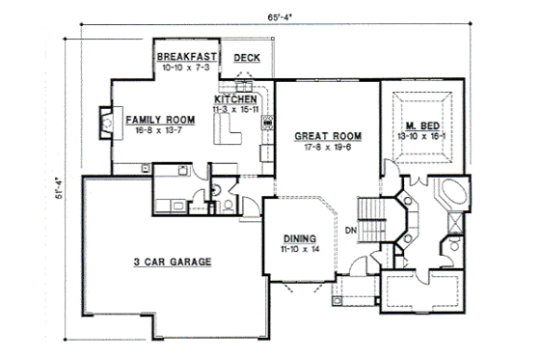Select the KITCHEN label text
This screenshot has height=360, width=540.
point(234,99)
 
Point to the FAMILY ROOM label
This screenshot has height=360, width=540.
point(160,120)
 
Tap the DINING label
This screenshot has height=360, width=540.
point(299,237)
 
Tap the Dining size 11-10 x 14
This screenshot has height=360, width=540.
point(300,249)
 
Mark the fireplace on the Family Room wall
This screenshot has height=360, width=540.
point(106,122)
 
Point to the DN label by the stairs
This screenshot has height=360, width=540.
point(351,229)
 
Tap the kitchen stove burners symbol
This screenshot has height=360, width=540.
point(269,123)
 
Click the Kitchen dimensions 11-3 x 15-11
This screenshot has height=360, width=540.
point(236,110)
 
